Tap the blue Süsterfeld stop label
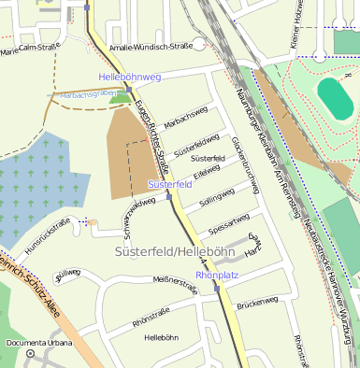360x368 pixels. tap(170, 185)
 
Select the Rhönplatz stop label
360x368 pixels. tap(217, 275)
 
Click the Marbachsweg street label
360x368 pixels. tap(185, 124)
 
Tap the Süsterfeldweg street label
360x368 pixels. tap(194, 147)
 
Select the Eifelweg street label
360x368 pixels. tap(206, 173)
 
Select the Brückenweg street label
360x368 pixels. tap(257, 303)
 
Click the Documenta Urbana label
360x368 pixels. tap(38, 343)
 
